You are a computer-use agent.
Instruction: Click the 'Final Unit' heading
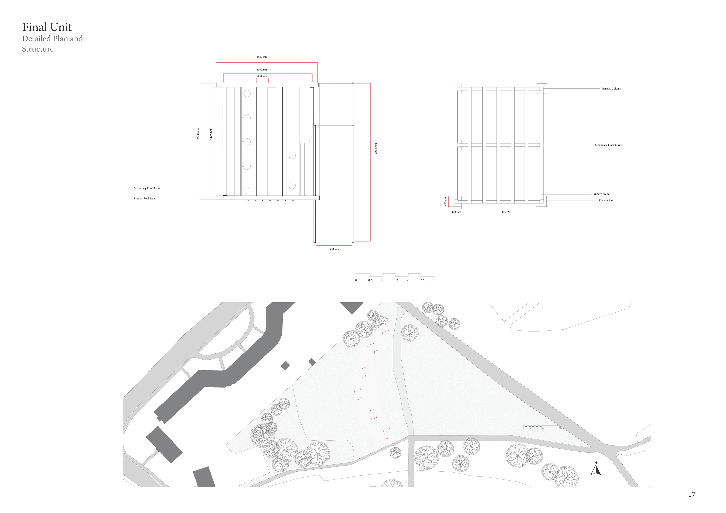click(x=47, y=28)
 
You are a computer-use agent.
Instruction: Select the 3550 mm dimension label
click(x=262, y=57)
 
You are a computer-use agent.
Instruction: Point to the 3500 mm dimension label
click(x=262, y=70)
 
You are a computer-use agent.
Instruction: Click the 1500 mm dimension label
click(x=333, y=249)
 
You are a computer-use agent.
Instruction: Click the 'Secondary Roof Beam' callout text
click(x=147, y=188)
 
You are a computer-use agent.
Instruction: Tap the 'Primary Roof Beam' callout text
click(x=144, y=199)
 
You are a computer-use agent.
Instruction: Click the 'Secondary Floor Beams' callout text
click(x=608, y=145)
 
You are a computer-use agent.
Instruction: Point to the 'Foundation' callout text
click(x=606, y=200)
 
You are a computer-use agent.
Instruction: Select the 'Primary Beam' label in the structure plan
click(x=600, y=194)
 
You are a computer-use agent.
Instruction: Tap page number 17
click(x=692, y=494)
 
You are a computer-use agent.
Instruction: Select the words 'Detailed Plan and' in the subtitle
click(x=52, y=39)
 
